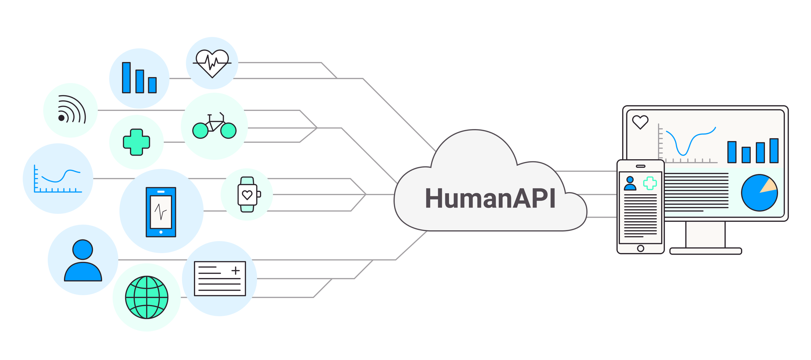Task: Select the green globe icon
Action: click(x=147, y=297)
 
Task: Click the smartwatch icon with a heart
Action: click(x=247, y=195)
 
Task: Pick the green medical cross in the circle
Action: click(x=137, y=142)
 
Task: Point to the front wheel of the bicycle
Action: click(x=228, y=131)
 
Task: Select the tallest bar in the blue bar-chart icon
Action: click(x=126, y=78)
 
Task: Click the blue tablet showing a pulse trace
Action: click(x=161, y=212)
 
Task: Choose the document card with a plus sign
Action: click(x=220, y=279)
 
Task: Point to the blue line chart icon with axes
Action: click(x=58, y=179)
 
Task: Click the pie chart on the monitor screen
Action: click(x=759, y=193)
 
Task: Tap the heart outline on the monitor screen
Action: click(x=640, y=122)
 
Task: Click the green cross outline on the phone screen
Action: click(x=650, y=183)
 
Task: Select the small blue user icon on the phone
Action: click(x=630, y=183)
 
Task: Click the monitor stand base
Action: click(x=706, y=251)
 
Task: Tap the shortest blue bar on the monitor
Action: click(x=746, y=155)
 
